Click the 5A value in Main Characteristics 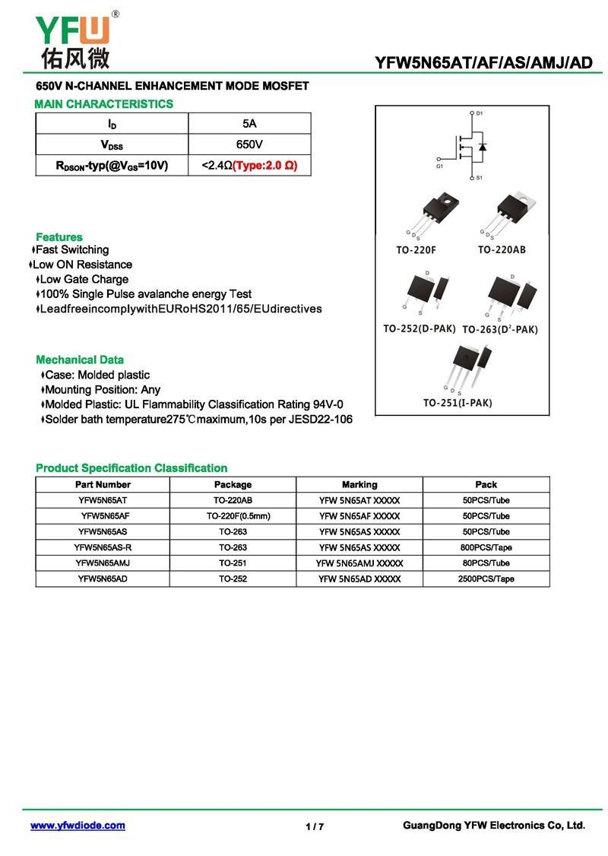pyautogui.click(x=249, y=123)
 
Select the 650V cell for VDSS pyautogui.click(x=249, y=144)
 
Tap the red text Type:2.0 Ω pyautogui.click(x=264, y=165)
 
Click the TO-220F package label pyautogui.click(x=416, y=249)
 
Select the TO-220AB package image pyautogui.click(x=511, y=213)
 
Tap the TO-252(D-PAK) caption pyautogui.click(x=419, y=328)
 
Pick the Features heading pyautogui.click(x=59, y=237)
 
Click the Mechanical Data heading pyautogui.click(x=80, y=360)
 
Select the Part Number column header pyautogui.click(x=103, y=484)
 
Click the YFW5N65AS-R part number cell pyautogui.click(x=103, y=547)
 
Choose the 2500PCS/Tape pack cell pyautogui.click(x=486, y=579)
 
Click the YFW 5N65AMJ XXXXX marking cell pyautogui.click(x=359, y=563)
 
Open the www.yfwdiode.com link pyautogui.click(x=78, y=826)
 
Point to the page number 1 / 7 pyautogui.click(x=315, y=827)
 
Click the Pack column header pyautogui.click(x=486, y=484)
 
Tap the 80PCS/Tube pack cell pyautogui.click(x=486, y=563)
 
